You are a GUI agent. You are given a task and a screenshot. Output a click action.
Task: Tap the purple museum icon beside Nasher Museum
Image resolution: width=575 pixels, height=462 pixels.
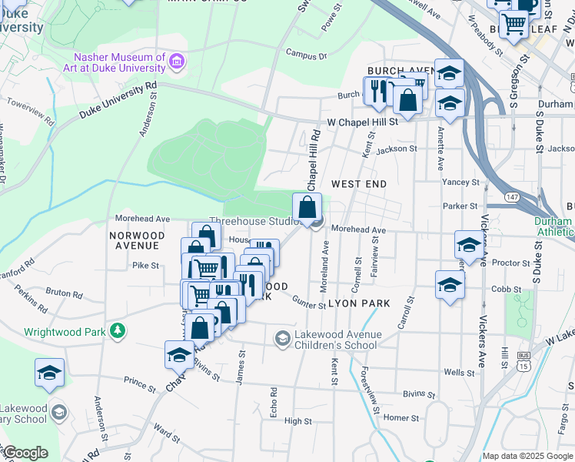[x=178, y=61]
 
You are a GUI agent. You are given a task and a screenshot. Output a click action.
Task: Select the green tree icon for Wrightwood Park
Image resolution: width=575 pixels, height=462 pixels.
[x=117, y=331]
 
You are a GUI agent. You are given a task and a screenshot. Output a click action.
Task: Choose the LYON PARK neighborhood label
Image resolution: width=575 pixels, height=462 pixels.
[x=361, y=304]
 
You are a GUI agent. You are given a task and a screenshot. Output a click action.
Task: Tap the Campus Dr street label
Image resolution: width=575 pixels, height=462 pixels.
[x=306, y=55]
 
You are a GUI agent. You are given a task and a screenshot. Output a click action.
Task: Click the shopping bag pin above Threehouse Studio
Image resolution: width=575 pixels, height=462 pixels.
[x=307, y=206]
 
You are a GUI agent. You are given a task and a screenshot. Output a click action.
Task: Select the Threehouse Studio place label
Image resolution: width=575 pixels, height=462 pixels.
[x=254, y=222]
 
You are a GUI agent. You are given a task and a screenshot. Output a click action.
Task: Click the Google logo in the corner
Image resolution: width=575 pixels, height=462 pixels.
[x=25, y=453]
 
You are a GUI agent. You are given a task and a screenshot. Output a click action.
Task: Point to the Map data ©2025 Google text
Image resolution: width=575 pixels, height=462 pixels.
[x=527, y=456]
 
